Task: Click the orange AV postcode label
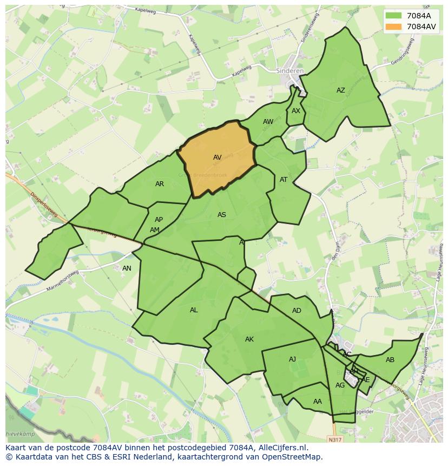(x=217, y=157)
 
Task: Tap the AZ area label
(x=340, y=90)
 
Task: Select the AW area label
(x=268, y=122)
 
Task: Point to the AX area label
(x=295, y=111)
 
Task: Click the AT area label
(x=284, y=180)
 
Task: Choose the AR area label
(x=160, y=184)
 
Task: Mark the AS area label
(x=222, y=215)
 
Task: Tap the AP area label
(x=159, y=220)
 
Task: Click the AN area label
(x=127, y=268)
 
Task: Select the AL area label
(x=194, y=310)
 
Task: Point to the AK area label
(x=249, y=339)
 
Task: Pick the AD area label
(x=297, y=311)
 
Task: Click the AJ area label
(x=292, y=359)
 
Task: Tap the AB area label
(x=390, y=360)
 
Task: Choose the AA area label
(x=318, y=402)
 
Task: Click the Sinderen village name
(x=290, y=71)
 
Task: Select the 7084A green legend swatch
(x=394, y=16)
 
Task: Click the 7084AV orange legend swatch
(x=394, y=27)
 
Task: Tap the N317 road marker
(x=335, y=439)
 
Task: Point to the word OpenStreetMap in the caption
(x=292, y=457)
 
